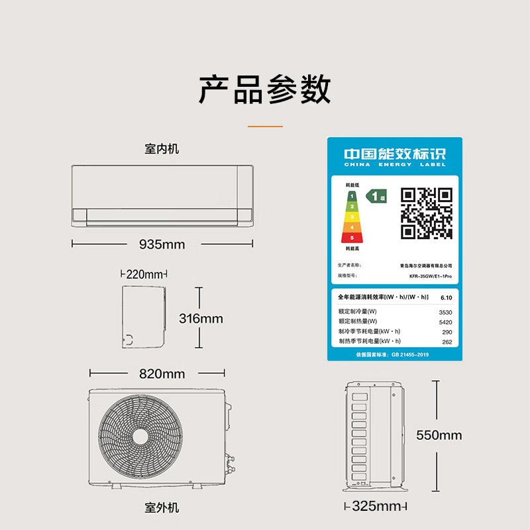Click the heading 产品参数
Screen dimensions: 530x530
(265, 89)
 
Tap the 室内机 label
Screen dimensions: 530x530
(162, 149)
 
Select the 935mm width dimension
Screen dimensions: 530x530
(162, 244)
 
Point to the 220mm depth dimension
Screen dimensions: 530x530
(144, 274)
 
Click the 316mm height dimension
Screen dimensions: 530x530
(201, 318)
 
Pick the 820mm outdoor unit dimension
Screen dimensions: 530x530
(162, 374)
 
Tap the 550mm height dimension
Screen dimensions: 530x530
(439, 435)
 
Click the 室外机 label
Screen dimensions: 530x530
(162, 508)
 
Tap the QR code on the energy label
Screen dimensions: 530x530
(427, 213)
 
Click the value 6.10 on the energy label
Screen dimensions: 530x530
(445, 298)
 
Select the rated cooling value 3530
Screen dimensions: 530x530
(445, 311)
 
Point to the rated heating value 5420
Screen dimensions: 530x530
(445, 321)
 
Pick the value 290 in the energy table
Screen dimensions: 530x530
(447, 331)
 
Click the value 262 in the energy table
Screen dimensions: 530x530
(447, 341)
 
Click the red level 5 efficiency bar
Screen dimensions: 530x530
(352, 237)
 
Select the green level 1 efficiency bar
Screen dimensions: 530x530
(352, 196)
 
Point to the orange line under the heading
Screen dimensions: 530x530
(265, 126)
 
